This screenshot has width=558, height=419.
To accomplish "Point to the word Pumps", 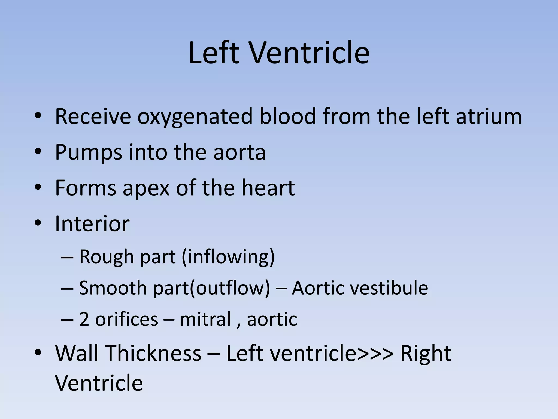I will [x=88, y=152].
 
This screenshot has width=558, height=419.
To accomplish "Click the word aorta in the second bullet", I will [x=239, y=152].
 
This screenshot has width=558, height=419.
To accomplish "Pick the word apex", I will [x=146, y=188].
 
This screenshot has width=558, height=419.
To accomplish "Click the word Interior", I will [x=92, y=224].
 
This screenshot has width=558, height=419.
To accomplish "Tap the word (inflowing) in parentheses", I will [x=228, y=257].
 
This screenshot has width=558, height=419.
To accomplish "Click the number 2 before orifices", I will [x=84, y=319].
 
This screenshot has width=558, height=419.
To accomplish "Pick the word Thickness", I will [x=153, y=353].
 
